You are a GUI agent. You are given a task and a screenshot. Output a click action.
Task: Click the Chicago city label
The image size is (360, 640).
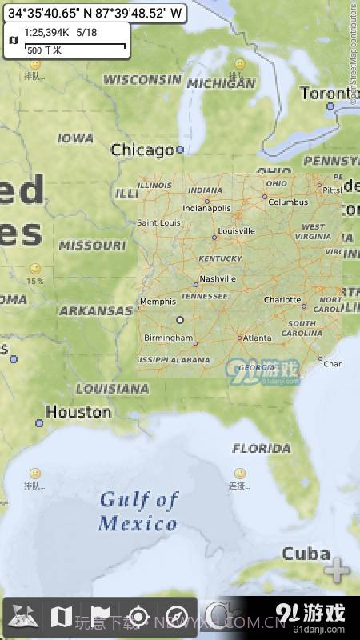142,150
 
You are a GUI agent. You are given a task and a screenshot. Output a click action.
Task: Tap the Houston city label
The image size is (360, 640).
78,412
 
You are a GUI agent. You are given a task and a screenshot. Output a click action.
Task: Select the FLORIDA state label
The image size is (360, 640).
261,448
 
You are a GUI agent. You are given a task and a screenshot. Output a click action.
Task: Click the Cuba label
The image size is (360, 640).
306,554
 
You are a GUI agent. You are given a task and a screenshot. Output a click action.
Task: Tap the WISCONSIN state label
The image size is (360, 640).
142,80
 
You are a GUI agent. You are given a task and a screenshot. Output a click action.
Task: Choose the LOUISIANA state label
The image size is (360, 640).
112,389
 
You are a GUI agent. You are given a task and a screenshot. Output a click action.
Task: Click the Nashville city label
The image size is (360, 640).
218,278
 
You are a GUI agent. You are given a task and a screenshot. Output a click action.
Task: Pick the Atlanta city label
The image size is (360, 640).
258,338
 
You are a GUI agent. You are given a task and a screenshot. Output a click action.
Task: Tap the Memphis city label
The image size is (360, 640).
157,302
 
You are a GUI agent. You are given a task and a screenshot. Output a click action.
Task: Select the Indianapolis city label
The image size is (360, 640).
206,208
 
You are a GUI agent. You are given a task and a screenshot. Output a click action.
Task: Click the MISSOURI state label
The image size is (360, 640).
92,245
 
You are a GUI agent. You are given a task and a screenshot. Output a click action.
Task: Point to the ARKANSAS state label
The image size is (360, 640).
95,310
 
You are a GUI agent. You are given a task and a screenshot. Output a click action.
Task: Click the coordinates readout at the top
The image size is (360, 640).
95,13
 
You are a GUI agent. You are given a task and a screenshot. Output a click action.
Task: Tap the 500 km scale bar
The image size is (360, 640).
76,48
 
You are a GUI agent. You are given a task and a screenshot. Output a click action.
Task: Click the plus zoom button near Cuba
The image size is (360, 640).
337,571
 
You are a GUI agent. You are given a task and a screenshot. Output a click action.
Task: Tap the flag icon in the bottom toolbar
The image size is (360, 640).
100,616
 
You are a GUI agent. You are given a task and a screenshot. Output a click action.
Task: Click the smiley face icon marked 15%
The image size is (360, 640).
34,270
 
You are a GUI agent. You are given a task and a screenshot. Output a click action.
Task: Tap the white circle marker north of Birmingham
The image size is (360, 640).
180,319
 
